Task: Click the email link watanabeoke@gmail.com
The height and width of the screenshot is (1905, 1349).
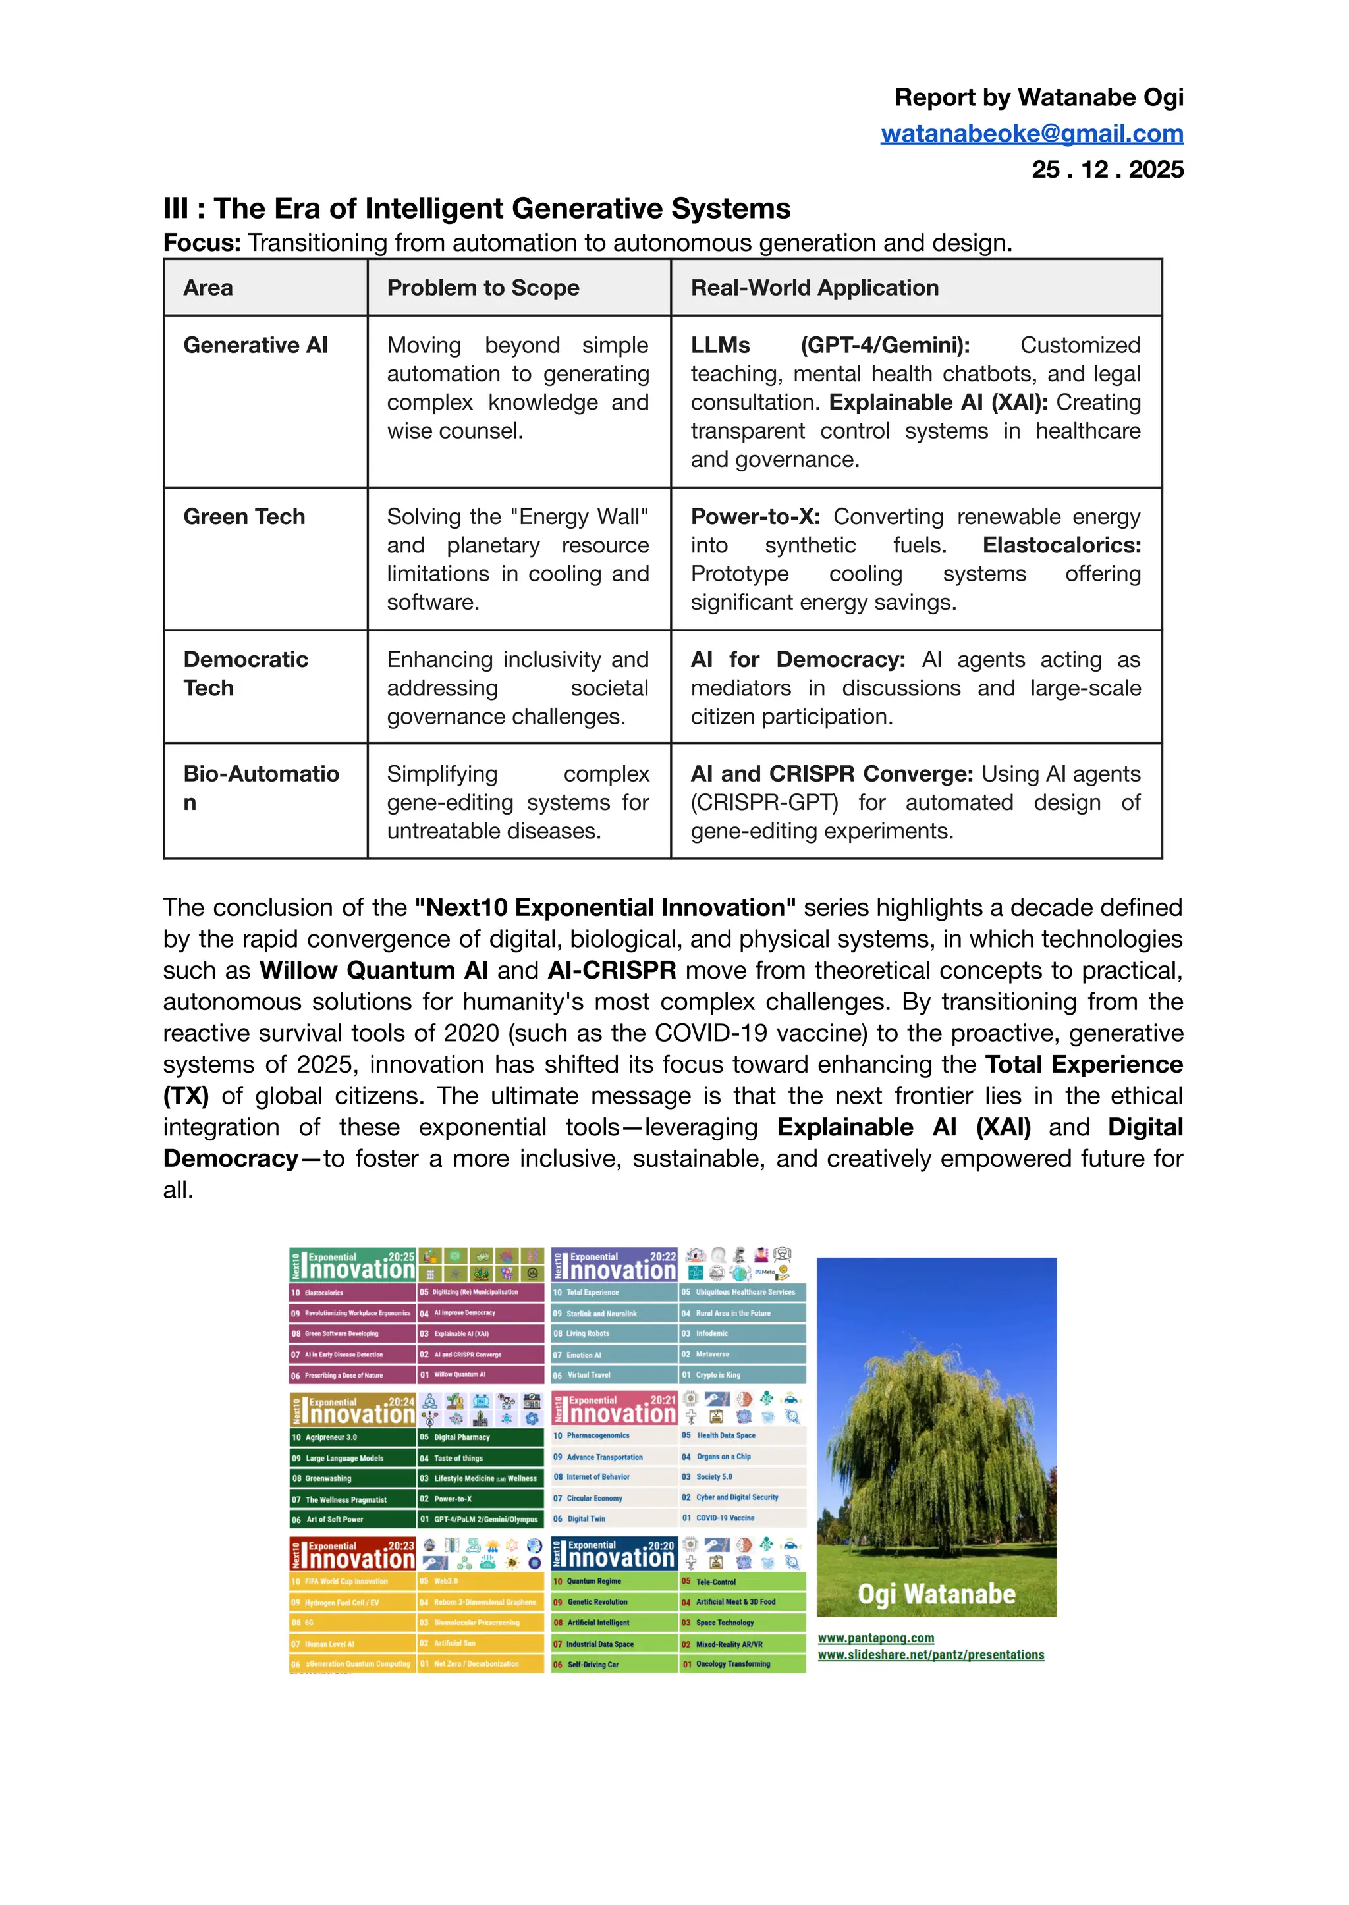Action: point(1032,134)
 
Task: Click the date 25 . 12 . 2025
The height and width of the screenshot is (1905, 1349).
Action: point(1107,169)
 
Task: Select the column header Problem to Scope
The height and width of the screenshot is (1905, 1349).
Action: point(483,288)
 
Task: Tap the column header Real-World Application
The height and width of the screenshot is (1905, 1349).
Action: point(814,288)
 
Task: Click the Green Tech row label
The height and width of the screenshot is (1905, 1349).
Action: point(244,516)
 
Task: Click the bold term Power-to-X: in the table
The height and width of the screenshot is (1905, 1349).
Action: point(754,516)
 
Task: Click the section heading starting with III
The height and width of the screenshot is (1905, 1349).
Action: point(477,209)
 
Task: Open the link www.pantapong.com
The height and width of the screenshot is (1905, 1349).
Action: point(875,1638)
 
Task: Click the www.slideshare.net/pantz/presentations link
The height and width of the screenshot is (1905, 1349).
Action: point(930,1655)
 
